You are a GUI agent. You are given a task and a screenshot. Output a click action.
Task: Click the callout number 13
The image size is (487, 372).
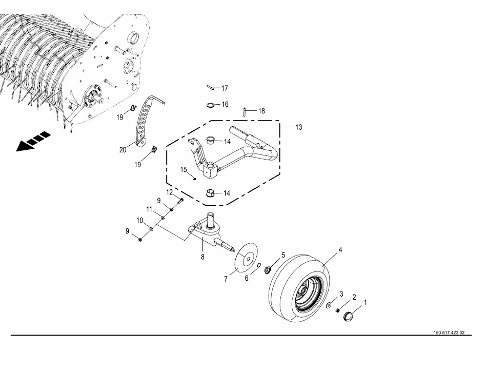click(298, 127)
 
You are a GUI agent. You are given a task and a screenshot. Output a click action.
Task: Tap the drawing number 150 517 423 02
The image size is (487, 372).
click(449, 332)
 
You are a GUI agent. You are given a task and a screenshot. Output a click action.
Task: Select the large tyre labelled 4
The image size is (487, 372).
click(298, 288)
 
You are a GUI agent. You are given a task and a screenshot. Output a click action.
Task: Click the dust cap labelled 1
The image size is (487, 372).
click(348, 317)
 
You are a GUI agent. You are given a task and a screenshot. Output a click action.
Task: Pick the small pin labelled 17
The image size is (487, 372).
click(211, 88)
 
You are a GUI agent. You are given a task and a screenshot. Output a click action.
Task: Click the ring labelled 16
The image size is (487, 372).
click(211, 105)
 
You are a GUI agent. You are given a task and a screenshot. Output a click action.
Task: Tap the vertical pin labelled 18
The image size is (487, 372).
click(245, 111)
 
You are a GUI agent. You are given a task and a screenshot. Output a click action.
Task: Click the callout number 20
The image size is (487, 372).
click(123, 150)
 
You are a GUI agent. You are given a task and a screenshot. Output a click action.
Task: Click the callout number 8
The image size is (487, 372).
click(202, 257)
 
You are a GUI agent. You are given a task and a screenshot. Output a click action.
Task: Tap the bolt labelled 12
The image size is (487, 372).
click(180, 201)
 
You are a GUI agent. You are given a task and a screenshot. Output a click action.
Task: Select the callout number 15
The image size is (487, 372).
click(184, 170)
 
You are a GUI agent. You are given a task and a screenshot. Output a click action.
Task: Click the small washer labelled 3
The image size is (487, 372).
click(328, 306)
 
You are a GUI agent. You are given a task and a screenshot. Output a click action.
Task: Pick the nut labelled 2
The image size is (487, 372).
click(338, 310)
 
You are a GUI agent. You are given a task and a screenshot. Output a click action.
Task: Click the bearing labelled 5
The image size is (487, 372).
click(267, 270)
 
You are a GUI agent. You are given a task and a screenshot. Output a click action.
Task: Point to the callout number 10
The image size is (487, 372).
click(140, 220)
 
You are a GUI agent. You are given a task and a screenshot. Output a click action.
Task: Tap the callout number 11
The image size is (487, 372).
click(149, 209)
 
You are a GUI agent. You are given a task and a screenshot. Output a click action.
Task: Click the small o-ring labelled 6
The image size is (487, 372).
click(259, 265)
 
